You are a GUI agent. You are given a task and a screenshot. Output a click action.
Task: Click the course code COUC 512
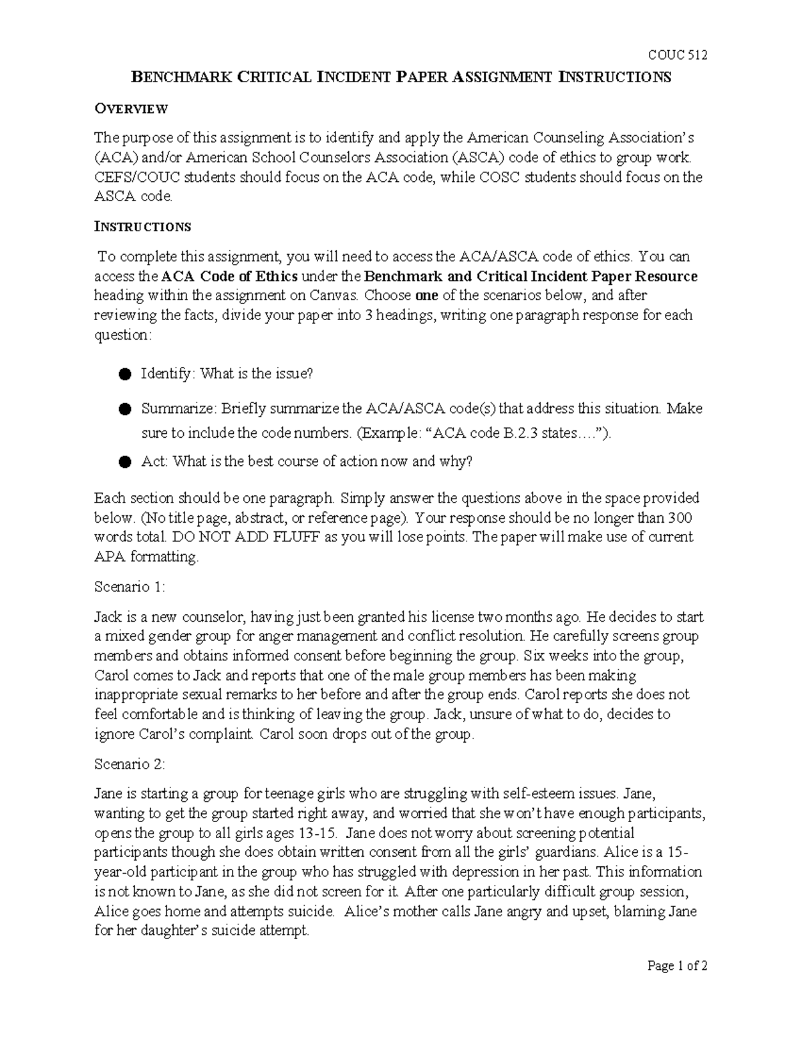pyautogui.click(x=678, y=55)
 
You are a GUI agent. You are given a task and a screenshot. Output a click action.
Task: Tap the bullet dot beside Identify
pyautogui.click(x=124, y=374)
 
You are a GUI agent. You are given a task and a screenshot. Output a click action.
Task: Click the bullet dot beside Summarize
pyautogui.click(x=124, y=409)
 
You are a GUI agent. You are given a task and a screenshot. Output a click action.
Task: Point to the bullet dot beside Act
pyautogui.click(x=124, y=462)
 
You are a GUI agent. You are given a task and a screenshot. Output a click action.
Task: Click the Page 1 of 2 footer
pyautogui.click(x=677, y=966)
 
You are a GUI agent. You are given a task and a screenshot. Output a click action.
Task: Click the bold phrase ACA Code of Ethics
pyautogui.click(x=231, y=277)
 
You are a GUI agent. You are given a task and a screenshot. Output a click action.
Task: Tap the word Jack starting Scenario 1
pyautogui.click(x=107, y=616)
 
